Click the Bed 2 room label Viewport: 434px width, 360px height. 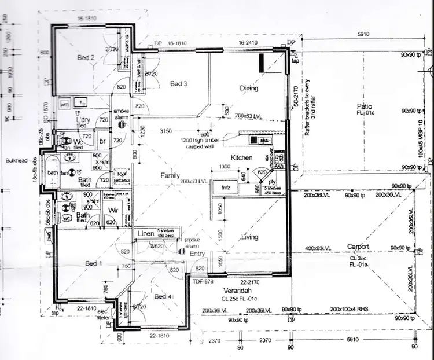coord(86,57)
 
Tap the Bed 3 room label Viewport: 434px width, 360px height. coord(178,83)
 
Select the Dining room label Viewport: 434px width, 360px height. coord(249,88)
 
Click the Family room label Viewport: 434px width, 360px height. coord(170,175)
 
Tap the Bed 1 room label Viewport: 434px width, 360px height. coord(94,263)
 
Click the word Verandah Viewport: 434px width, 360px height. coord(237,291)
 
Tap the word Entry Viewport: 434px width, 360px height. coord(197,253)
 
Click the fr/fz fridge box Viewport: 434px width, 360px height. coord(220,188)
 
